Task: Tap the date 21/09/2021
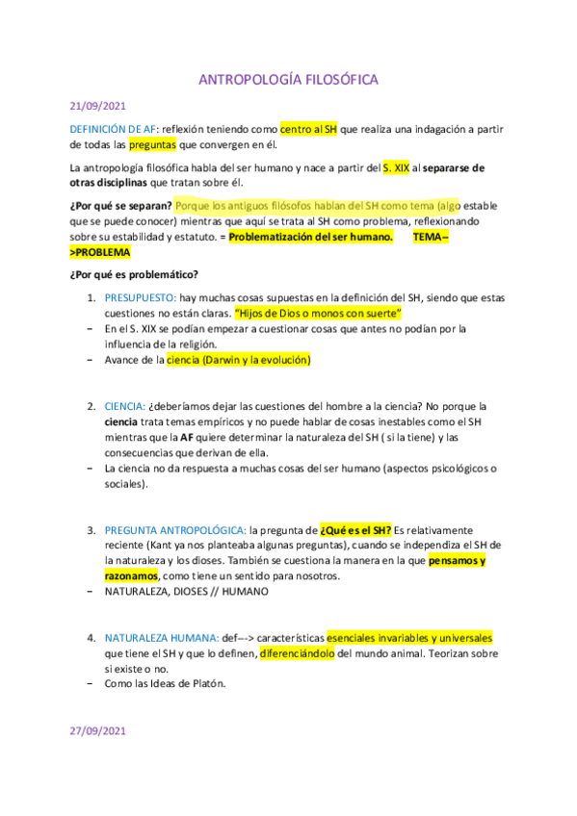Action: pos(97,106)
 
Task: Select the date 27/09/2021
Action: pos(97,730)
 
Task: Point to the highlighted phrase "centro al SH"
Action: pos(308,129)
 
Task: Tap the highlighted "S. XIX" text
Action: pos(396,167)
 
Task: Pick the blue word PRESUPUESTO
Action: pos(142,298)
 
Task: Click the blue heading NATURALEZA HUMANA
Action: pos(160,637)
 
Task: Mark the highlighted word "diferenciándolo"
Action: pos(297,652)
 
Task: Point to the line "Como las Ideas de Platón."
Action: pos(172,683)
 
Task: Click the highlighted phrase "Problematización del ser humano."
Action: pos(312,237)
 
